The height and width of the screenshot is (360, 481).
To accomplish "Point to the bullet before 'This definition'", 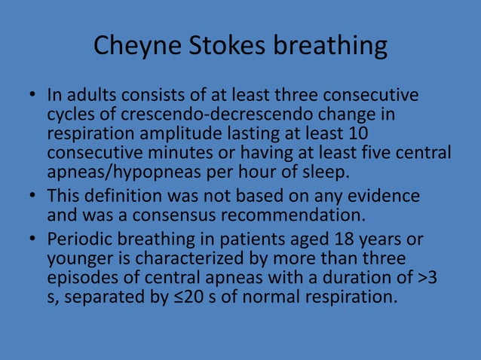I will pyautogui.click(x=34, y=196).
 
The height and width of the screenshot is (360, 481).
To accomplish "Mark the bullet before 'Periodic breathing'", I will pyautogui.click(x=34, y=239).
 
